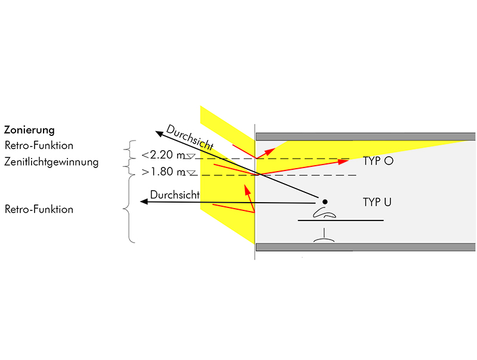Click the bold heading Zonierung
(x=29, y=129)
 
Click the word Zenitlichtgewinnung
(x=51, y=162)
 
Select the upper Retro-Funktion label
(x=38, y=145)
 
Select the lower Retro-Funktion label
(x=38, y=209)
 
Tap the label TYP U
(x=377, y=202)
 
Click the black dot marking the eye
(x=325, y=201)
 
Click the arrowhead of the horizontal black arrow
(x=144, y=203)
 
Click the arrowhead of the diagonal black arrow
(x=157, y=133)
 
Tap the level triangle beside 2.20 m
(x=190, y=157)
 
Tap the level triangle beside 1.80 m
(x=190, y=173)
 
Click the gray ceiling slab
(x=365, y=136)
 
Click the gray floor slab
(x=365, y=247)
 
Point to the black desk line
(x=340, y=221)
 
